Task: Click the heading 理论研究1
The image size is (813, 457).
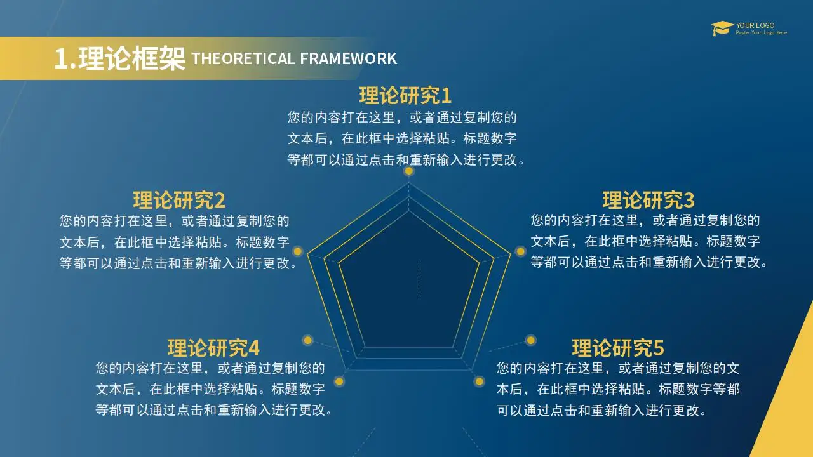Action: (405, 95)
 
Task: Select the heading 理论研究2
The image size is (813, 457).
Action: (179, 200)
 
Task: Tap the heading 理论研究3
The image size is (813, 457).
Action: (648, 200)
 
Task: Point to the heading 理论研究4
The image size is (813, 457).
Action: (213, 348)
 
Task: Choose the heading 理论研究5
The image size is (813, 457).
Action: (618, 348)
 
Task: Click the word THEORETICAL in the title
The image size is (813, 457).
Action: (243, 59)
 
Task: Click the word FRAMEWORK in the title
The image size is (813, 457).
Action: (349, 59)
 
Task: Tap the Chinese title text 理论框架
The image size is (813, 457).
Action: (131, 58)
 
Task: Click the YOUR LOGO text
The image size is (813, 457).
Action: (755, 25)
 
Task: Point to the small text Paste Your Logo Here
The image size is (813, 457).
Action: (762, 32)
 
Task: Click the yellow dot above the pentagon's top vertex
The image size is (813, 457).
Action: (409, 171)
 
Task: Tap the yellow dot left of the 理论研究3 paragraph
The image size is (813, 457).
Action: (520, 251)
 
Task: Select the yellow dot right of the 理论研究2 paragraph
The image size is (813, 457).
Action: (298, 251)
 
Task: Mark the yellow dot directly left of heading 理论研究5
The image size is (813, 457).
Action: (530, 340)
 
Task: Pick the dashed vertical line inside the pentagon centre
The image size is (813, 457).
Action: (419, 280)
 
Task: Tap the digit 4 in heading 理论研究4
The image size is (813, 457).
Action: (254, 348)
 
